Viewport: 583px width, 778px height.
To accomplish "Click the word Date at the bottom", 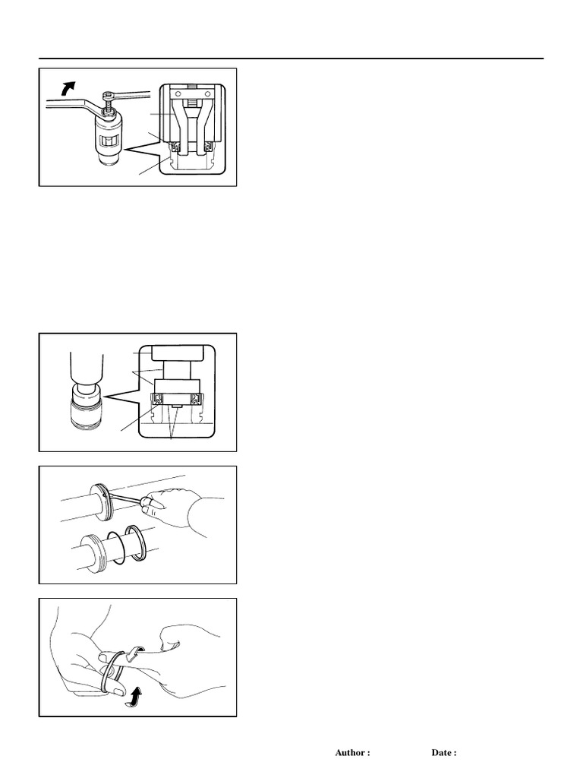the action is (x=442, y=753).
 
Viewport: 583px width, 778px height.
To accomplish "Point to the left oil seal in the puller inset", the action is (x=175, y=147).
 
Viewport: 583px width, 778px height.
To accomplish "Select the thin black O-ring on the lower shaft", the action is (x=116, y=549).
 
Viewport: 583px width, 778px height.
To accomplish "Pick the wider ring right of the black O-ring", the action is (x=135, y=542).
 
